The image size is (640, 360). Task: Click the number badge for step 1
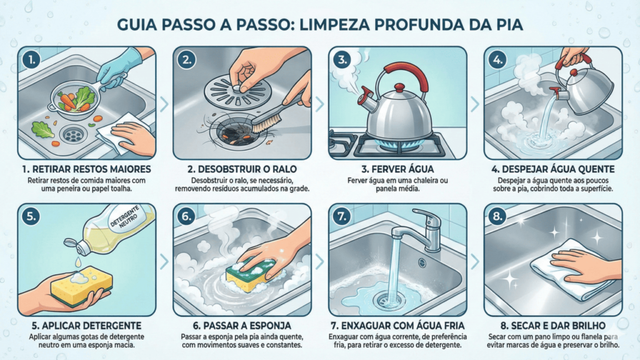pyautogui.click(x=31, y=60)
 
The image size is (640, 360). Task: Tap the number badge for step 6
pyautogui.click(x=186, y=216)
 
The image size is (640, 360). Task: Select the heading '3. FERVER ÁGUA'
pyautogui.click(x=397, y=169)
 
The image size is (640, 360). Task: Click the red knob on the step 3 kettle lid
pyautogui.click(x=399, y=87)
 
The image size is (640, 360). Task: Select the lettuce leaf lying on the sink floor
pyautogui.click(x=42, y=129)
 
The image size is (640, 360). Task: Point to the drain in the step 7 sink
pyautogui.click(x=386, y=301)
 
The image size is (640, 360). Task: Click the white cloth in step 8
pyautogui.click(x=571, y=268)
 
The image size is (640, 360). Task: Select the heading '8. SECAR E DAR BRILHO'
pyautogui.click(x=553, y=326)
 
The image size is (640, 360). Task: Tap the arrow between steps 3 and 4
pyautogui.click(x=475, y=104)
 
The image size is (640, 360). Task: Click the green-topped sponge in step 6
pyautogui.click(x=251, y=274)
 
